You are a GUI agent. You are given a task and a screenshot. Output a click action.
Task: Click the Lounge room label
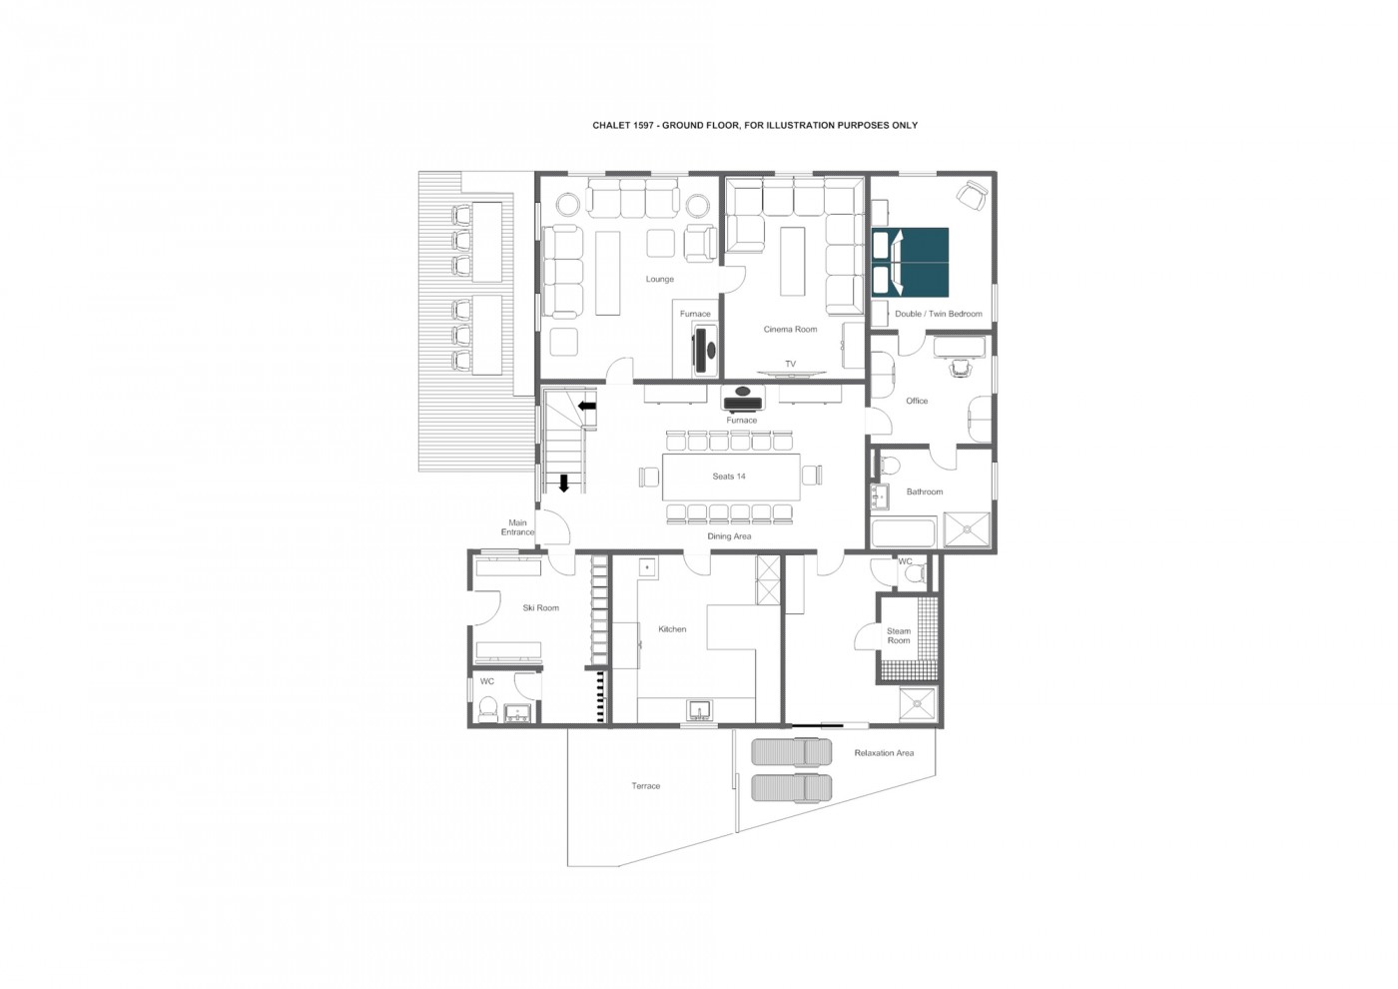[x=660, y=279]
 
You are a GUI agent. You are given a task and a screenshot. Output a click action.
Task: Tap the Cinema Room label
[x=790, y=329]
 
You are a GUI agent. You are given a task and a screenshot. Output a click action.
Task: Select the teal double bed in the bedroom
[x=910, y=262]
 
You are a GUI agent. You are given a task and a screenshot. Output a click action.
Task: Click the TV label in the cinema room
[x=790, y=364]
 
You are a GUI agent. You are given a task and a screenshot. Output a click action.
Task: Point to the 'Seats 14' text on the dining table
[x=729, y=477]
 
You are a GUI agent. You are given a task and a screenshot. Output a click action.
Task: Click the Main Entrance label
[x=517, y=527]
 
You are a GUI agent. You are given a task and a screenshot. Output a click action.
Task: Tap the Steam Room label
[x=899, y=635]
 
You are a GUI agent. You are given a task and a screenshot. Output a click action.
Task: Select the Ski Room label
[x=541, y=607]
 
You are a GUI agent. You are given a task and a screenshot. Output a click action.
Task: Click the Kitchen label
[x=672, y=629]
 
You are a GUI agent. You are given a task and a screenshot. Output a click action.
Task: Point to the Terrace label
[x=646, y=786]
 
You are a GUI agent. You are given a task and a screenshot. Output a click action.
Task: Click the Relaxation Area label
[x=884, y=753]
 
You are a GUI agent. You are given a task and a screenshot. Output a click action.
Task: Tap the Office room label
[x=917, y=401]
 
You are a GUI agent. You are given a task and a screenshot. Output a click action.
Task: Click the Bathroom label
[x=925, y=492]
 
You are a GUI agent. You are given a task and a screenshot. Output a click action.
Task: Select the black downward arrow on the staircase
[x=564, y=484]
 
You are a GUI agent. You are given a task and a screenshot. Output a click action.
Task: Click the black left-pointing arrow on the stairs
[x=587, y=406]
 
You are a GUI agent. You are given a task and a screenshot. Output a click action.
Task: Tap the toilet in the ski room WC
[x=487, y=708]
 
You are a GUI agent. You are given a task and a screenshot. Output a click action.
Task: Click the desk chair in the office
[x=960, y=369]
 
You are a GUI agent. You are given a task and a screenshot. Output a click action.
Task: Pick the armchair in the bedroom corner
[x=972, y=196]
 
